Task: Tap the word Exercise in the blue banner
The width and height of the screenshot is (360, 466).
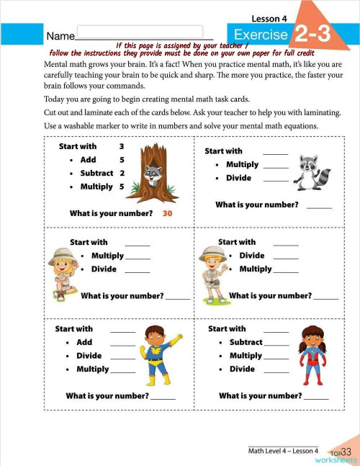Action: (x=261, y=35)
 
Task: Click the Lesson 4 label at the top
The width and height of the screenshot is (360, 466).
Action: (x=269, y=18)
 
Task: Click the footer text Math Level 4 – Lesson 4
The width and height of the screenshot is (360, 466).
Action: (x=283, y=450)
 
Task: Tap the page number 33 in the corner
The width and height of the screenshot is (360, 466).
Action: (x=346, y=452)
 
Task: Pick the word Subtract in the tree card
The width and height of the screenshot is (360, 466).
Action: (x=97, y=173)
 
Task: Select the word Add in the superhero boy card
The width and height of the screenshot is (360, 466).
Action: (x=84, y=343)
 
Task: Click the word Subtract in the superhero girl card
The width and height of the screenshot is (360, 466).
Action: (x=246, y=342)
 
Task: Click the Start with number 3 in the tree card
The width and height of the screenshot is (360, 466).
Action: (x=122, y=146)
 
